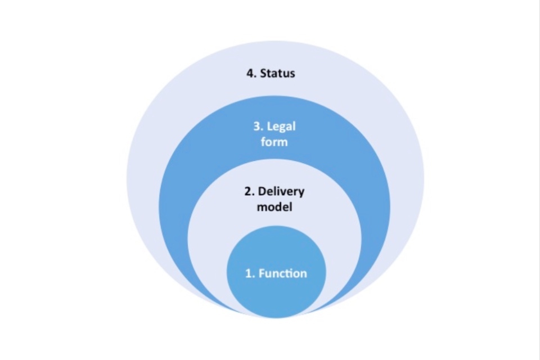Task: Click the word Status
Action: click(x=277, y=74)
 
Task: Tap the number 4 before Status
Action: click(x=250, y=74)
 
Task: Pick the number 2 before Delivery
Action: click(x=247, y=191)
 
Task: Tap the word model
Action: click(x=274, y=206)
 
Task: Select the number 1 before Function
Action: click(x=248, y=274)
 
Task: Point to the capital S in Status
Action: click(x=263, y=74)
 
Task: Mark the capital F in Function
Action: click(x=262, y=274)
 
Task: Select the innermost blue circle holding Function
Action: click(x=275, y=292)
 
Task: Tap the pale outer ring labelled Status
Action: click(x=152, y=141)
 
